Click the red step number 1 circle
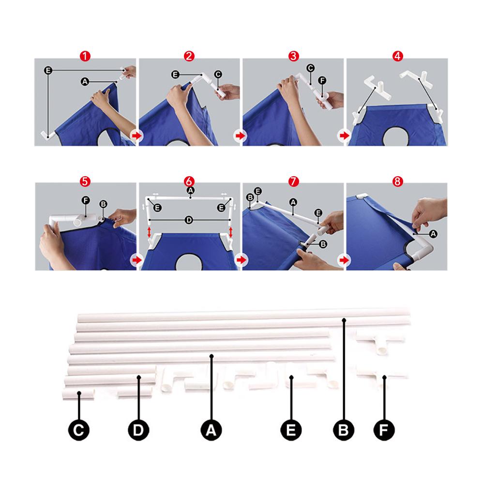85,56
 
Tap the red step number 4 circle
397,56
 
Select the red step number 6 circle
189,181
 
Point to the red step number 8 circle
397,181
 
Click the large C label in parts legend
79,430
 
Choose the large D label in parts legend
138,430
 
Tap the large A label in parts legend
212,430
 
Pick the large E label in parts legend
291,430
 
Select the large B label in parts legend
344,430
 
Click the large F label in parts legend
384,430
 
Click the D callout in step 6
189,220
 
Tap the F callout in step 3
322,80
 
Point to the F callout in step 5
86,200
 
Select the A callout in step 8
433,234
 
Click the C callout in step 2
218,74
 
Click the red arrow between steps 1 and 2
136,135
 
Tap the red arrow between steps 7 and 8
345,260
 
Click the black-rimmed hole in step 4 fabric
396,136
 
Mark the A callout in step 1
85,82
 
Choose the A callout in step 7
293,202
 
